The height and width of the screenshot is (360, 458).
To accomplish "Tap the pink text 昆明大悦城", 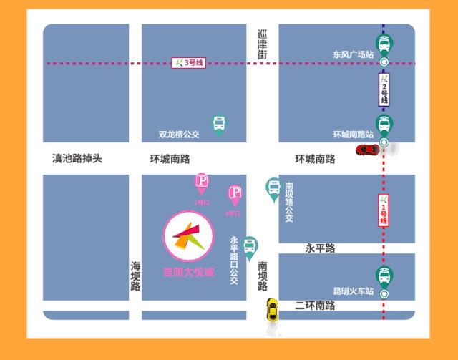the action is coord(188,273).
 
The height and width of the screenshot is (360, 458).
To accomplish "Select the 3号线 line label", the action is coord(189,63).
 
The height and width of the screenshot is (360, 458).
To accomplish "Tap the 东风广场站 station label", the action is coord(353,54).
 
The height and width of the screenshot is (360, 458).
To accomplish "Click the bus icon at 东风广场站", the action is coord(384,44).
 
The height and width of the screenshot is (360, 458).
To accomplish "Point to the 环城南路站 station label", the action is coord(354,135).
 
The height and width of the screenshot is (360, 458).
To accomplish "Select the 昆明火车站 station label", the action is coord(354,291).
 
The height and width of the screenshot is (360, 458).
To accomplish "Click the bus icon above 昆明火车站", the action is coord(384,276).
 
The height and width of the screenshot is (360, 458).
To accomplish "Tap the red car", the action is coord(368,149).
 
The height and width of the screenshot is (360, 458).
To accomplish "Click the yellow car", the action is coord(272,310).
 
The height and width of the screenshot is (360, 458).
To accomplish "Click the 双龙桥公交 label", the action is coord(180,134).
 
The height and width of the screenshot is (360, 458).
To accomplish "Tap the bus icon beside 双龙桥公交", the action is coord(219,124).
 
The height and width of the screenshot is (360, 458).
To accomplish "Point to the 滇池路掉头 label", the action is coord(77,158).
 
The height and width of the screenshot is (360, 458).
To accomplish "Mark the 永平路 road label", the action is coord(320,248).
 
